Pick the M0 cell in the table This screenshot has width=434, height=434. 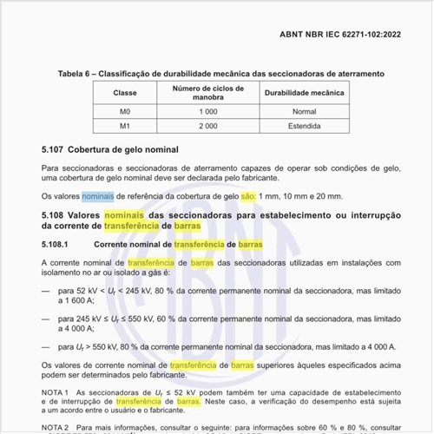pyautogui.click(x=125, y=111)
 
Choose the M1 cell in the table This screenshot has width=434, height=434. pyautogui.click(x=125, y=126)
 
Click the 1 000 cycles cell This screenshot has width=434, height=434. pyautogui.click(x=207, y=111)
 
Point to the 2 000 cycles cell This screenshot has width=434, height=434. pyautogui.click(x=207, y=126)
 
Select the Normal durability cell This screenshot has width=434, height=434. pyautogui.click(x=304, y=111)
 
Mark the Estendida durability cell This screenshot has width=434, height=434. pyautogui.click(x=304, y=126)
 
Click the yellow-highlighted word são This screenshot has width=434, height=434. pyautogui.click(x=248, y=196)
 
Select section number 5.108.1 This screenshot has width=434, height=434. pyautogui.click(x=55, y=244)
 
